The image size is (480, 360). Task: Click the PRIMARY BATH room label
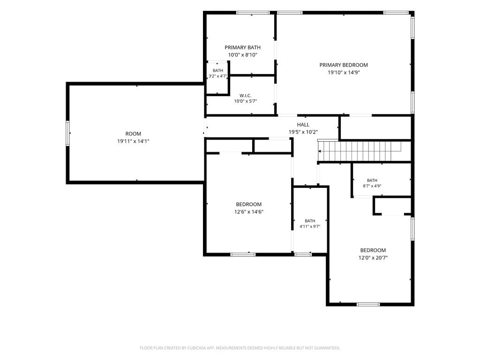[242, 47]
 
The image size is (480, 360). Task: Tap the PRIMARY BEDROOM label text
[344, 65]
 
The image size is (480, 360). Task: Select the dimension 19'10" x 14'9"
[344, 73]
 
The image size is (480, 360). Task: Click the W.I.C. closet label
[246, 96]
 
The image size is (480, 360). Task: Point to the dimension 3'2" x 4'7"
[218, 76]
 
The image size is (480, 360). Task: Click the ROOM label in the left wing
[133, 134]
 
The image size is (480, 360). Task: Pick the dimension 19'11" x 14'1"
[133, 142]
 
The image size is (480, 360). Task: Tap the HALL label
[303, 125]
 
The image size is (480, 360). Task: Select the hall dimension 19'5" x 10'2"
[303, 132]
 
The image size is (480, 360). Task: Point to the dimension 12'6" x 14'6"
[249, 212]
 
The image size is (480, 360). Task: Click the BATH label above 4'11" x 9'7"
[310, 221]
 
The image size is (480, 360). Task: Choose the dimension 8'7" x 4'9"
[372, 186]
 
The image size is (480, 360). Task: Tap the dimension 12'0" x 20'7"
[373, 258]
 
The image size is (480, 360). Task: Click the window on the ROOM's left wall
[68, 133]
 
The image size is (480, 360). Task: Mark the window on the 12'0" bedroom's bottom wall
[368, 304]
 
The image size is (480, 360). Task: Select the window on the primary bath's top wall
[253, 13]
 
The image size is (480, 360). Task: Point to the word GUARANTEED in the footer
[326, 348]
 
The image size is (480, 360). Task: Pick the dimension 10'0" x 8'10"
[242, 55]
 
